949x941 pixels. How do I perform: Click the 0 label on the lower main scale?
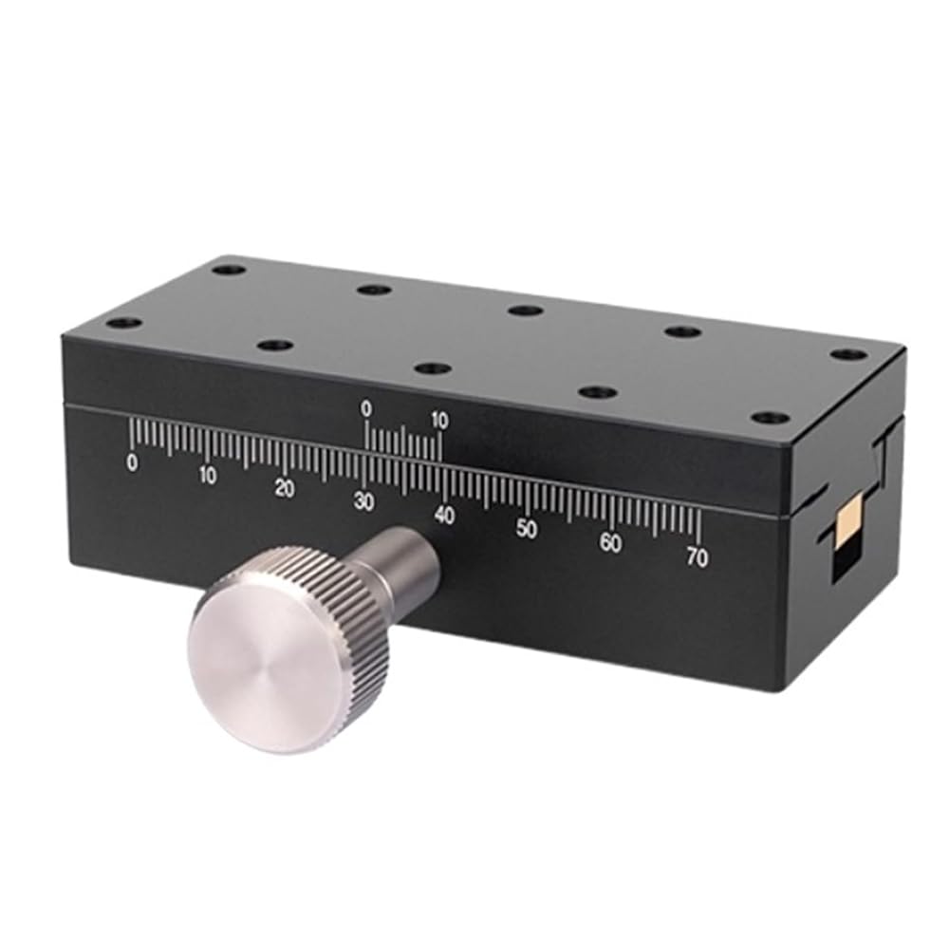click(132, 463)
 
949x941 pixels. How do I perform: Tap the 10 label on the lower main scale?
click(207, 476)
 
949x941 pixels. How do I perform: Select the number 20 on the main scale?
click(285, 488)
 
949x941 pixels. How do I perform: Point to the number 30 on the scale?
click(363, 502)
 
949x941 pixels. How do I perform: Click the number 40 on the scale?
click(444, 516)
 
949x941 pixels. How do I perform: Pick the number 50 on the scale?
click(527, 530)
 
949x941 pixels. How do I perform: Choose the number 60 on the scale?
click(610, 544)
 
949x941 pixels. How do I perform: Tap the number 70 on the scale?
click(698, 557)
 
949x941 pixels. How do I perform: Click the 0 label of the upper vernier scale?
click(366, 409)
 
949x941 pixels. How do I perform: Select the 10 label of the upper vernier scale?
click(438, 421)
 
